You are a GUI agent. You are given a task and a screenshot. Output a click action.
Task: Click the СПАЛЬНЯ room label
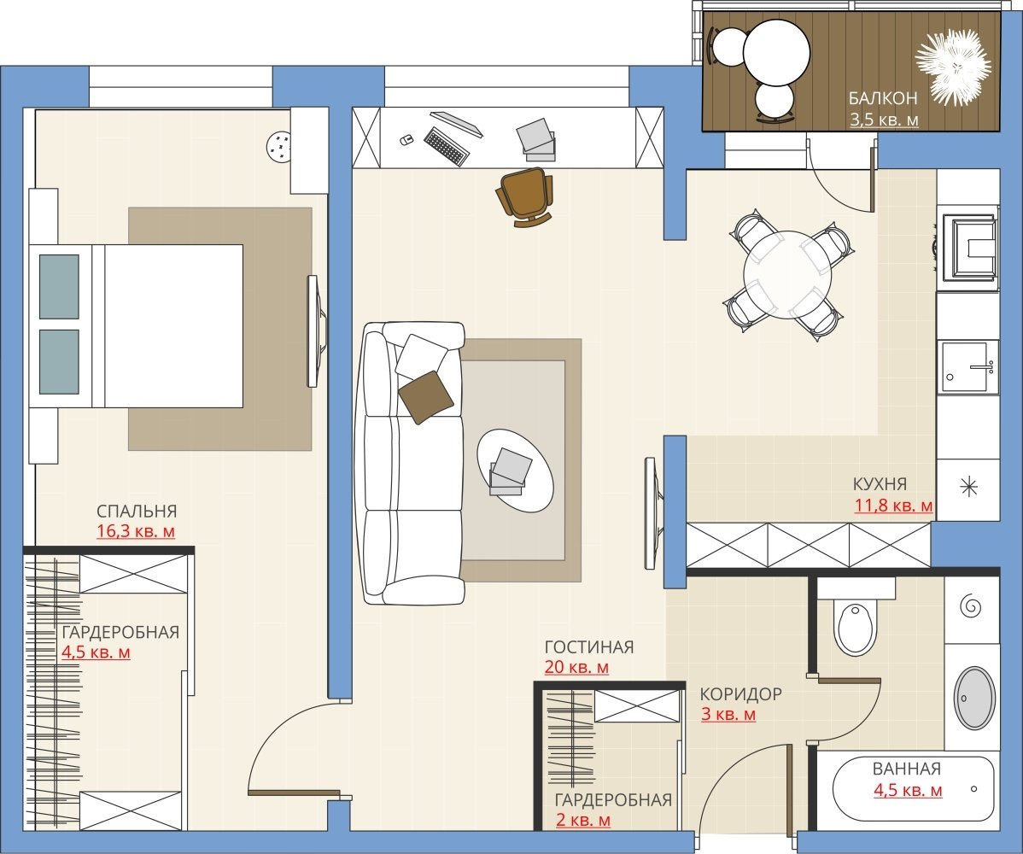click(137, 510)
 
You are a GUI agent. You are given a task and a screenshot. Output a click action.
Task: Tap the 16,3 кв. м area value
click(136, 531)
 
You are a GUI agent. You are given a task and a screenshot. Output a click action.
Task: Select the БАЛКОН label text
click(883, 98)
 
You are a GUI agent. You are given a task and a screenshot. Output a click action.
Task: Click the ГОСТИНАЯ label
click(589, 646)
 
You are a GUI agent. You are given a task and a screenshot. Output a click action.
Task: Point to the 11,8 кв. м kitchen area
click(893, 505)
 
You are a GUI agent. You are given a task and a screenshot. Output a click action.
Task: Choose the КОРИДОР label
click(740, 693)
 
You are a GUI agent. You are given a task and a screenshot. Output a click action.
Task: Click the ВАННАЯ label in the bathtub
click(906, 769)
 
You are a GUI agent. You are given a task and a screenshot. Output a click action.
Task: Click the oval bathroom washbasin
click(974, 698)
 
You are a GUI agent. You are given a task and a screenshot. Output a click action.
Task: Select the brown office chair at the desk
click(524, 196)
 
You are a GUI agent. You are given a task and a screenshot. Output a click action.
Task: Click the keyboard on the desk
click(447, 145)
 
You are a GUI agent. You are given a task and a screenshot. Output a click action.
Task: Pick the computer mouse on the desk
click(405, 139)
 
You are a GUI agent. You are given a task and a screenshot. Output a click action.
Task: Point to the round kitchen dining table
click(787, 274)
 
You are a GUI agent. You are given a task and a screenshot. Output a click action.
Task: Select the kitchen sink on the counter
click(969, 366)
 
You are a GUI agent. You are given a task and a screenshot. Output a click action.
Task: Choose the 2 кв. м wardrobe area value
click(583, 820)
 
